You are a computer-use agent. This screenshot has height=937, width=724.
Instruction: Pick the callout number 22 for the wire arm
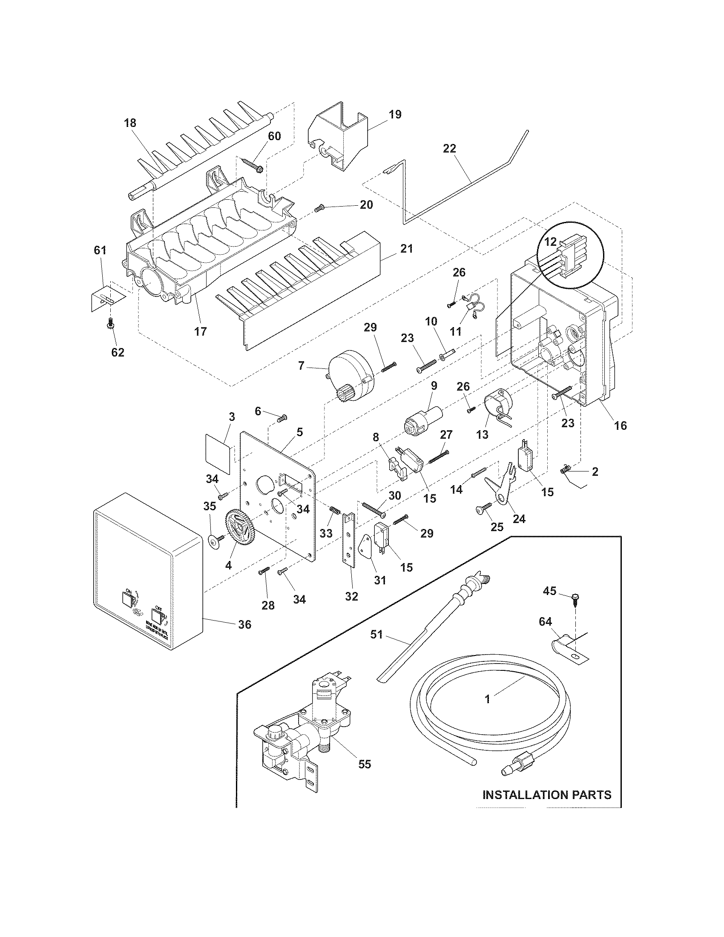point(450,149)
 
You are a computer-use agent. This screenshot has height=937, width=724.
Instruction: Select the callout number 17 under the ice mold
point(200,331)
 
